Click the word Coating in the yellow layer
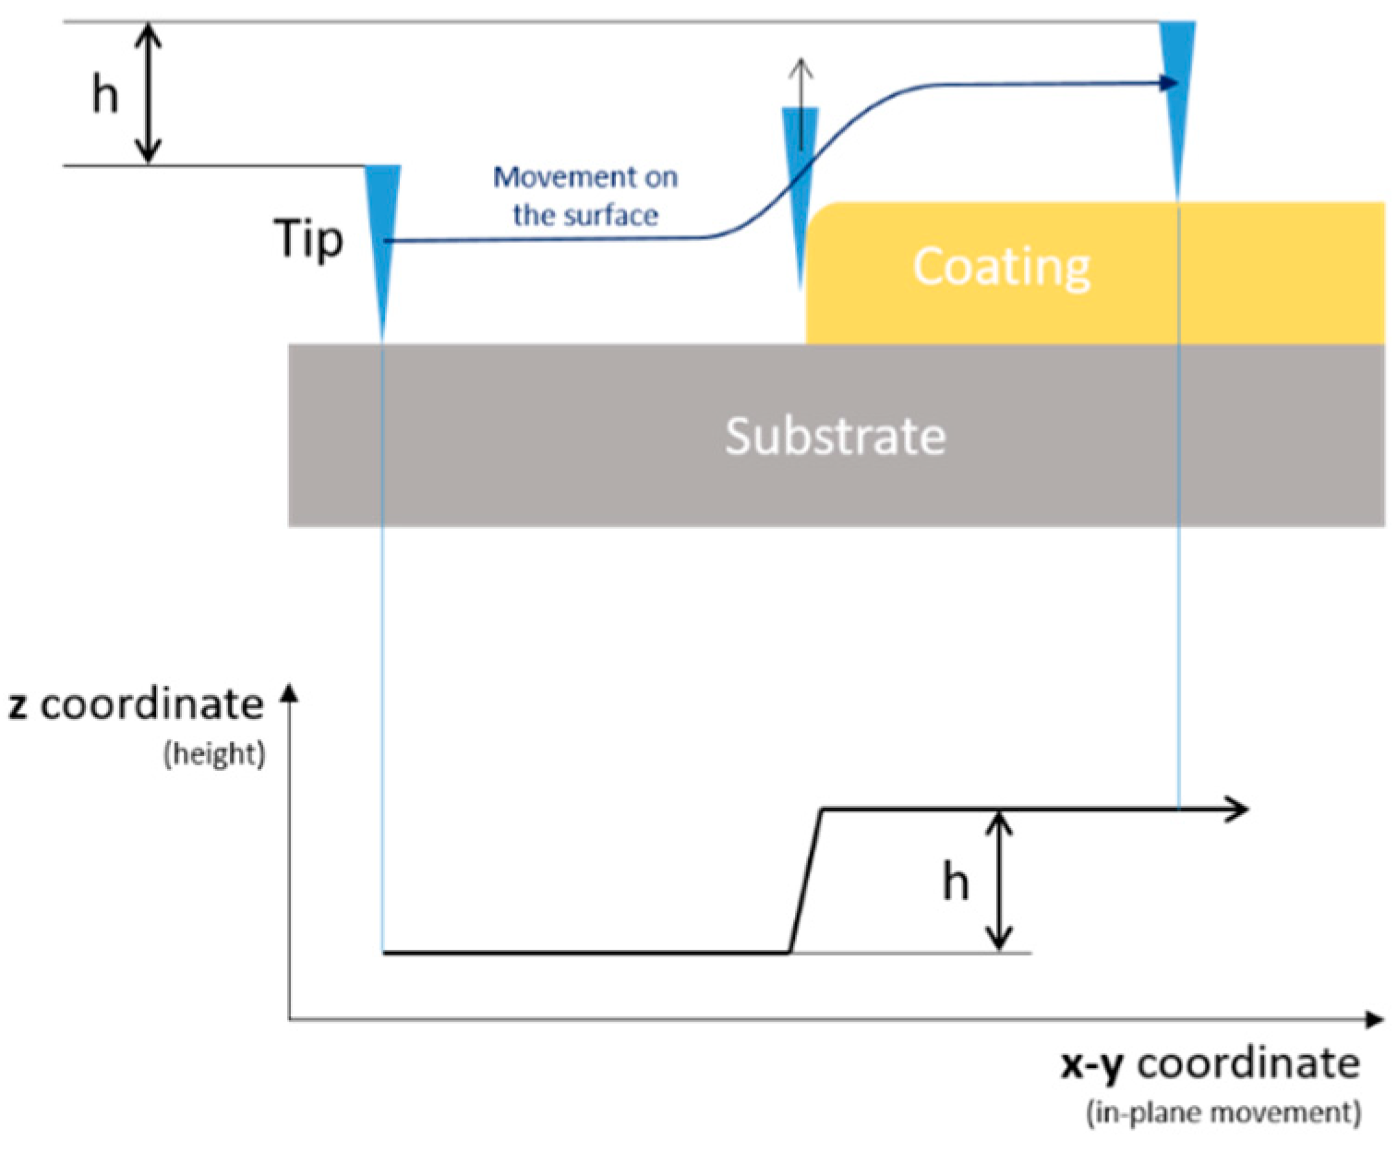point(1002,267)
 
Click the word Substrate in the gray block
point(835,436)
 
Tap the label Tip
point(308,239)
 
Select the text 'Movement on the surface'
point(585,196)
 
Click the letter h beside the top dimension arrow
point(105,94)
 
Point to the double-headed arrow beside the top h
point(149,93)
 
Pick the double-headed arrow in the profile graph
point(999,881)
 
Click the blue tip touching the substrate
point(382,231)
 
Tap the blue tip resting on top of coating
point(1177,92)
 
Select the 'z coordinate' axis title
point(137,704)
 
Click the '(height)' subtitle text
point(214,754)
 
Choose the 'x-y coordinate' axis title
point(1210,1063)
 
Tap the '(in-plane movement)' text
point(1223,1112)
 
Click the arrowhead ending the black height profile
point(1238,810)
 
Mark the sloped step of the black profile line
point(806,881)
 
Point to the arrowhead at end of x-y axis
point(1376,1019)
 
